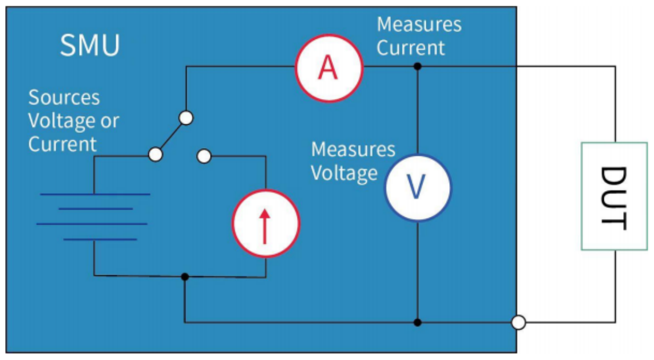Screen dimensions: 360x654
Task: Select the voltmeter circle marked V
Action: coord(418,187)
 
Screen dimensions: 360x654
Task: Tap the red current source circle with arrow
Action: coord(265,222)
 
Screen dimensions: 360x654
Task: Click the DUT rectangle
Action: coord(615,196)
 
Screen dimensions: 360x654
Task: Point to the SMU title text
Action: coord(90,45)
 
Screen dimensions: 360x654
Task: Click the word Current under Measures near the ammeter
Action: coord(410,48)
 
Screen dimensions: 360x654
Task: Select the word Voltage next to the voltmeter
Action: coord(344,173)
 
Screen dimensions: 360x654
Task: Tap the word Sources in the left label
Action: coord(64,98)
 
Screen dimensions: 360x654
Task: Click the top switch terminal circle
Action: coord(185,118)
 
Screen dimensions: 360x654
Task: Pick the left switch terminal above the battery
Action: coord(155,155)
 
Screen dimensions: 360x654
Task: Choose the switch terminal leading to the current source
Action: coord(204,155)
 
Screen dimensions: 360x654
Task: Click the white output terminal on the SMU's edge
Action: coord(518,323)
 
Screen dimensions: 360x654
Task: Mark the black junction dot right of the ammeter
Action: coord(418,66)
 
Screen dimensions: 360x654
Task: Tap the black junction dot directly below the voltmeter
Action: coord(418,322)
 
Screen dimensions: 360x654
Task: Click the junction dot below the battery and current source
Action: coord(184,276)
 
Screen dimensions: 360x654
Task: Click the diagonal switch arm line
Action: coord(171,136)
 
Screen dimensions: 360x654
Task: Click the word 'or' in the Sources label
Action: coord(109,121)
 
